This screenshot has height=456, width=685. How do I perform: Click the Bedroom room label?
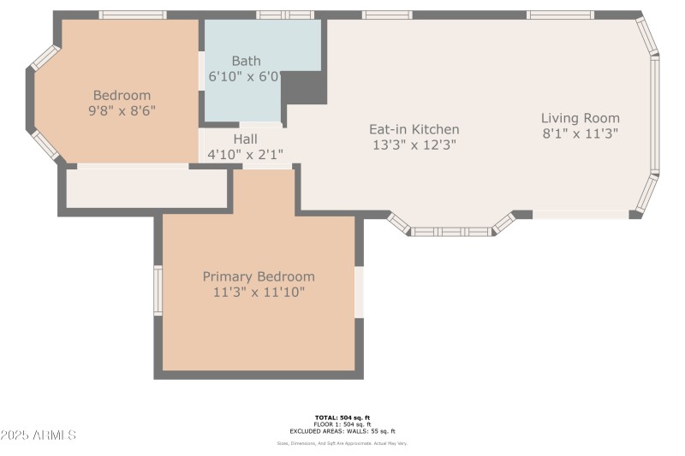pos(122,95)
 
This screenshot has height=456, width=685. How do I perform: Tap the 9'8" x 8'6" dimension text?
pos(122,110)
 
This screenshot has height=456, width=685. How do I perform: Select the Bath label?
pos(246,61)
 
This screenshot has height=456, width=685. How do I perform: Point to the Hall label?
pos(245,139)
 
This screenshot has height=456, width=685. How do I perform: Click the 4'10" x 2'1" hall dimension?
pos(245,155)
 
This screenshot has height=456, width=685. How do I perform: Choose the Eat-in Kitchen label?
pos(414,129)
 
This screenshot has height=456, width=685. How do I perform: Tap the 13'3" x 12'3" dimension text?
pos(414,145)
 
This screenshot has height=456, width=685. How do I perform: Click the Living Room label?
pos(580,118)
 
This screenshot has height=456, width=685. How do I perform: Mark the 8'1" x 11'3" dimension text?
pos(580,133)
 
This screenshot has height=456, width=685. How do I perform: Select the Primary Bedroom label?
pos(259,276)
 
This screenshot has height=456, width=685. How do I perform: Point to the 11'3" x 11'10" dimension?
pos(259,293)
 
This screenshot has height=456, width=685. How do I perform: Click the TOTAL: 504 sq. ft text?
pos(342,418)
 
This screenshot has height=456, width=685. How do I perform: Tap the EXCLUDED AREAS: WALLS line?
pos(342,431)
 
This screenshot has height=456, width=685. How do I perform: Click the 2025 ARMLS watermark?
pos(39,435)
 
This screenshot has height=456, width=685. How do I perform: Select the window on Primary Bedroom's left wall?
pos(158,290)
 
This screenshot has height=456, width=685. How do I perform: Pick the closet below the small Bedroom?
pos(146,188)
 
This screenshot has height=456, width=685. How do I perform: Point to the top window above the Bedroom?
pos(132,15)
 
